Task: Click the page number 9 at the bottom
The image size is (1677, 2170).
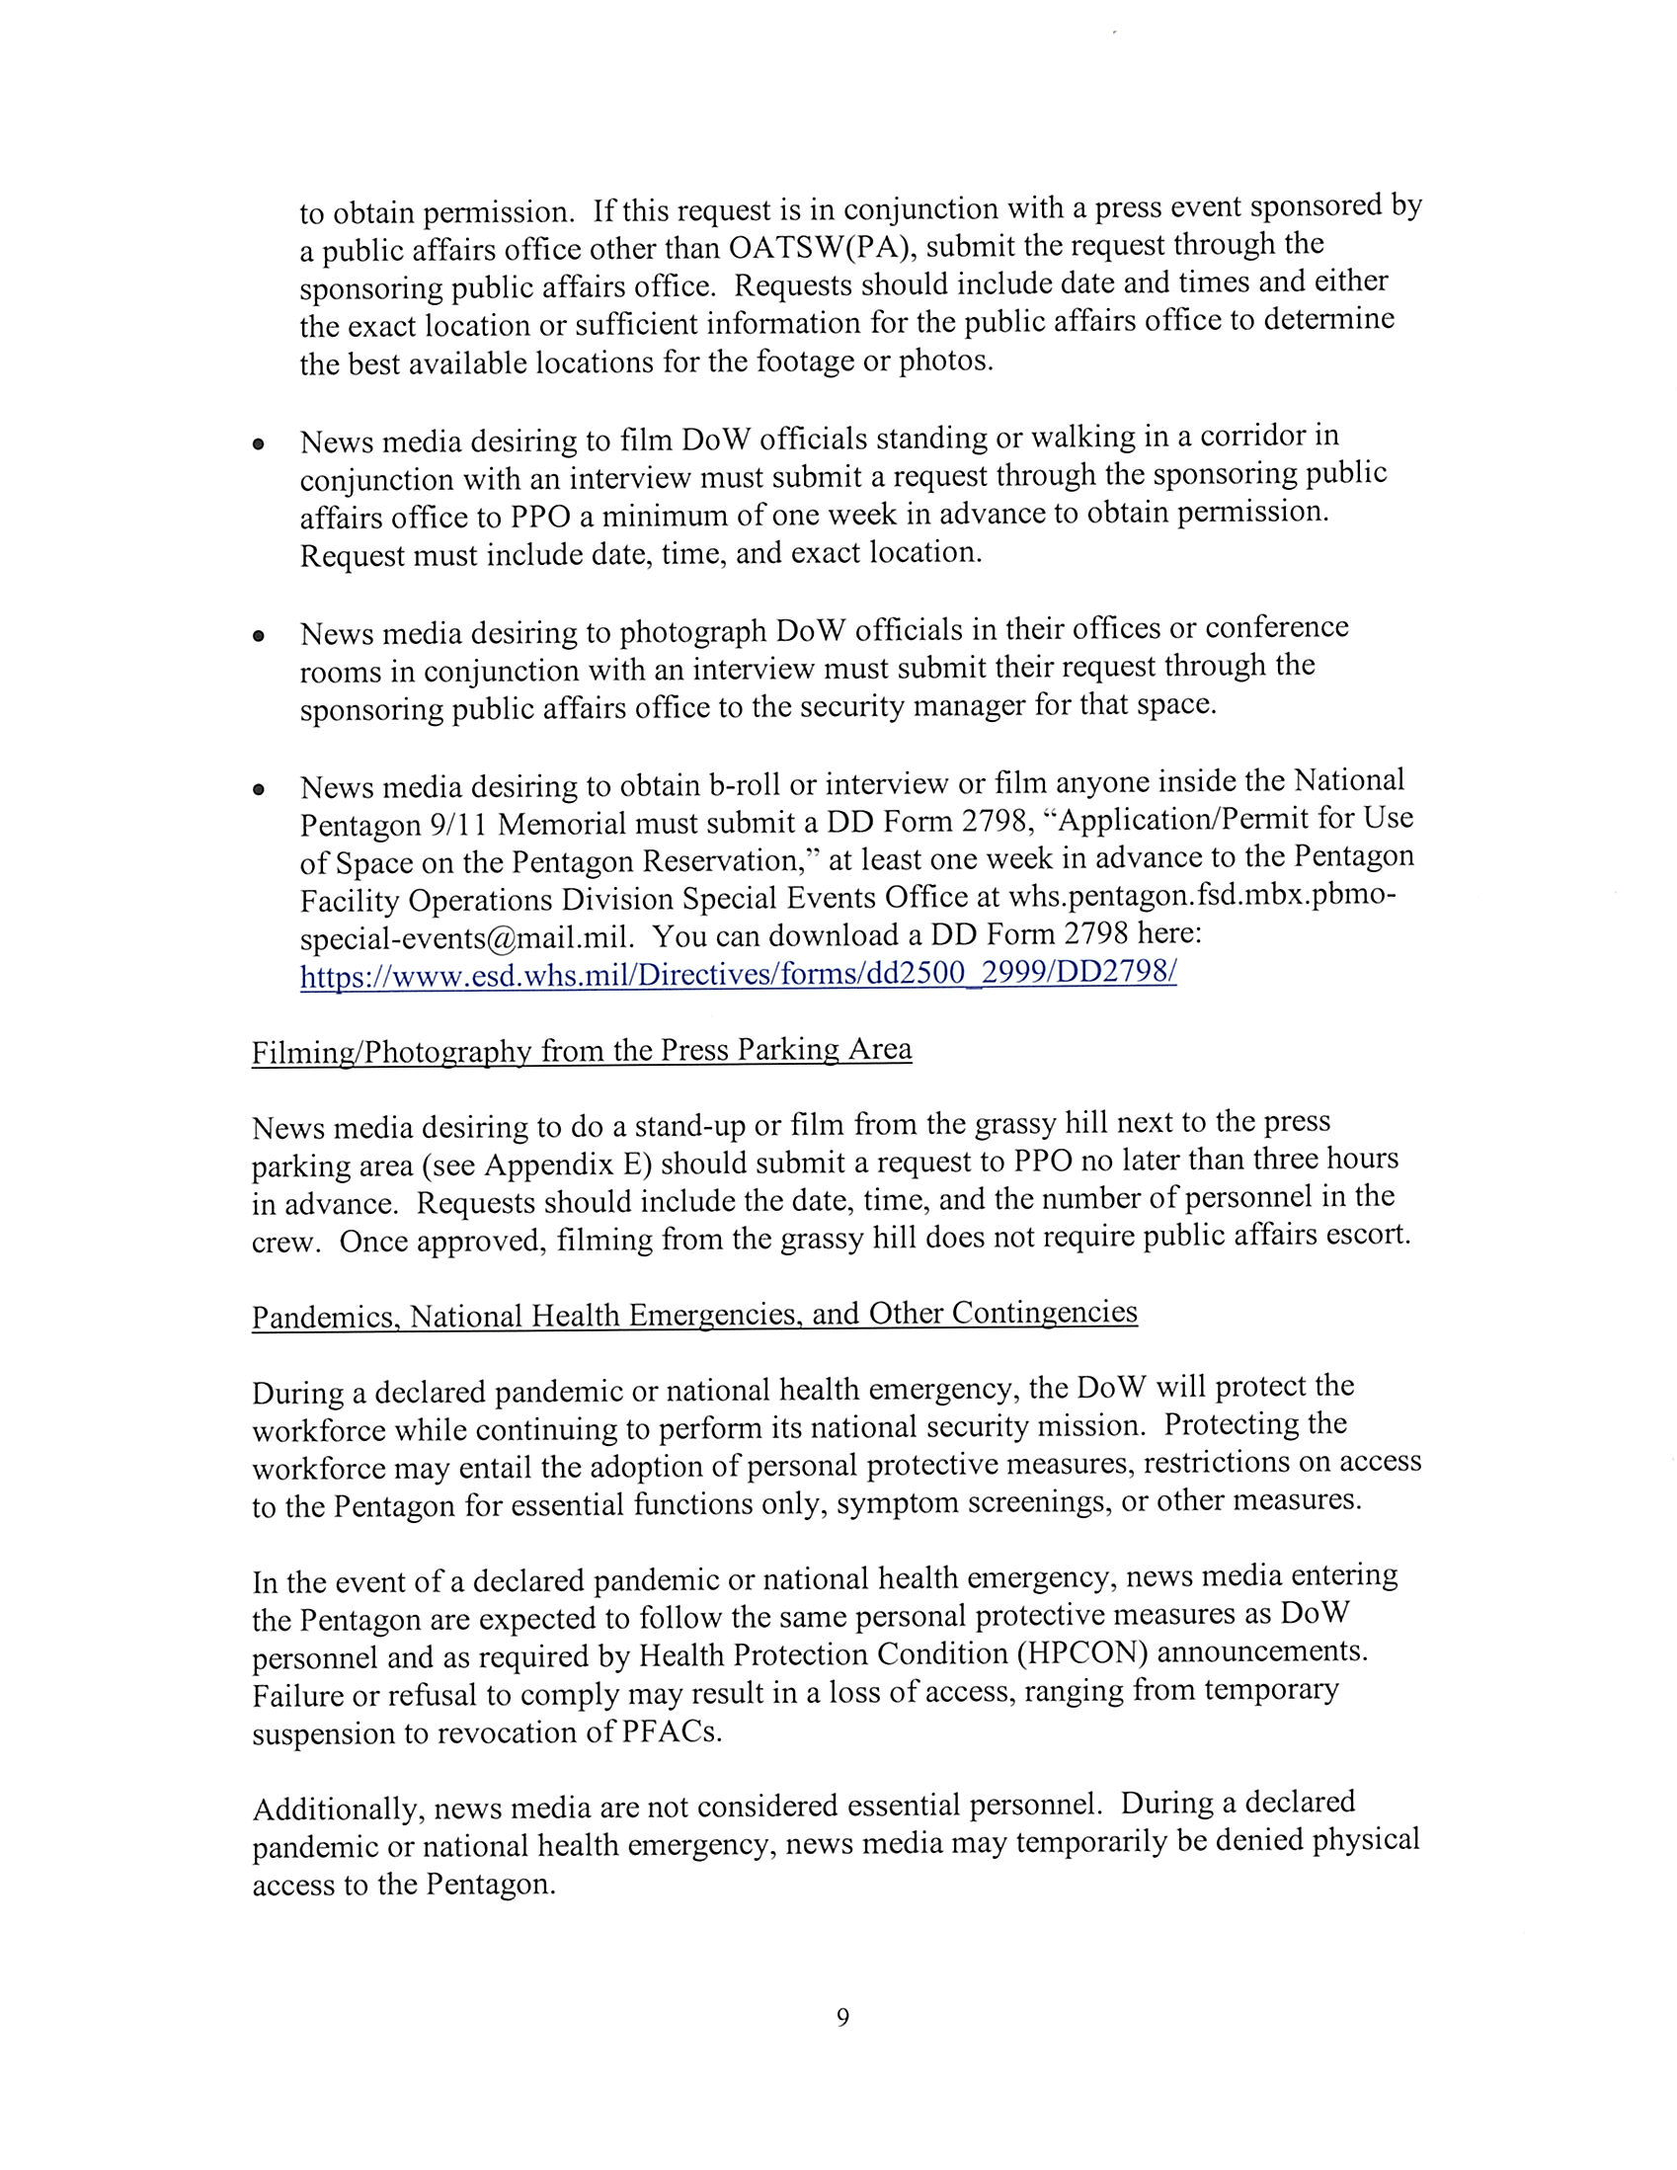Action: click(842, 2017)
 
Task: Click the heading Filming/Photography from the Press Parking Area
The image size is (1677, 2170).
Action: click(581, 1051)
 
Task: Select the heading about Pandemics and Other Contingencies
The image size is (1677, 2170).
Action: click(694, 1316)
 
